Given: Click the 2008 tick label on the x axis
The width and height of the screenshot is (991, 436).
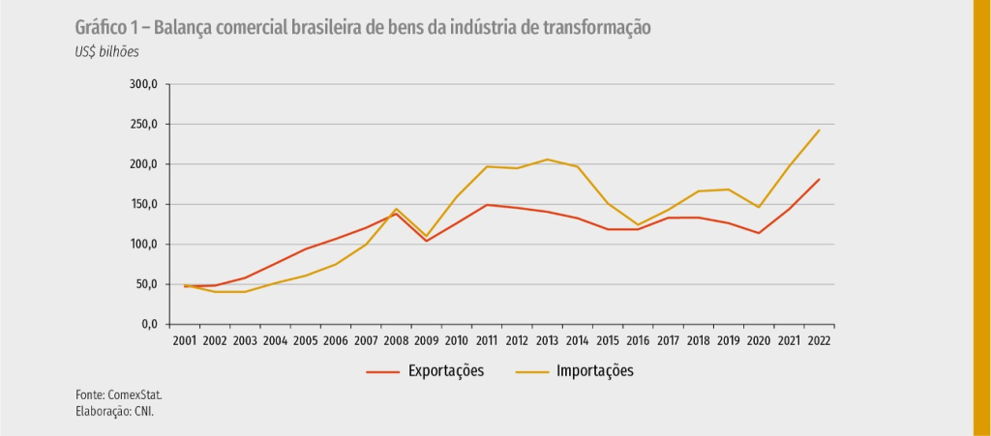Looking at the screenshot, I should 395,340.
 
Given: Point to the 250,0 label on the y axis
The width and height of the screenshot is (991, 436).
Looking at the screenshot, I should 142,125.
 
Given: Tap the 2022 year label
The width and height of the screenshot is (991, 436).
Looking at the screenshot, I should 819,340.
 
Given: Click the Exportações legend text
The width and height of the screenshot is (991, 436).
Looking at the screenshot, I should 446,371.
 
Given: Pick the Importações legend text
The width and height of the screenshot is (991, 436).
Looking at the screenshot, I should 594,371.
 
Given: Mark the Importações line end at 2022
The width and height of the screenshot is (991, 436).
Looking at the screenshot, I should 819,131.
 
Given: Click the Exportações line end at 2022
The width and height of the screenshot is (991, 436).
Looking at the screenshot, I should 819,180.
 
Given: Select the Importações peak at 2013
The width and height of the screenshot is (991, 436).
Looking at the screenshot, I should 547,160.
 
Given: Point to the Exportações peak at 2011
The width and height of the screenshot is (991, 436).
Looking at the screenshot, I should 486,205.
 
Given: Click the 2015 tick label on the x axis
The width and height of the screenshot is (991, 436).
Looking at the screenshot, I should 608,340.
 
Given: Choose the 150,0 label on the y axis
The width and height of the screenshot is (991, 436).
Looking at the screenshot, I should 142,204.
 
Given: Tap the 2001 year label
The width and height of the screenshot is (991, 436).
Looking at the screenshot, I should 184,340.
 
